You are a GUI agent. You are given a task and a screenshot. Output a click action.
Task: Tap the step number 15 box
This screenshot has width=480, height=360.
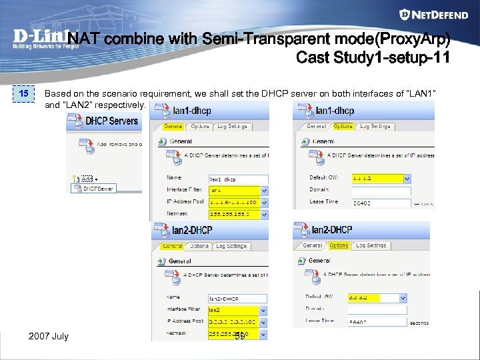coord(23,94)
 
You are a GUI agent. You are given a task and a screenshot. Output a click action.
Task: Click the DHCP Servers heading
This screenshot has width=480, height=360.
coord(111,121)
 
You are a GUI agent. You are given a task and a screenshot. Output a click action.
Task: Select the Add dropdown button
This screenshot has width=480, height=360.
coord(87,179)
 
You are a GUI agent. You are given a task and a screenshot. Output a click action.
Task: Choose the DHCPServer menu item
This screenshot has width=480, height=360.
coord(98,189)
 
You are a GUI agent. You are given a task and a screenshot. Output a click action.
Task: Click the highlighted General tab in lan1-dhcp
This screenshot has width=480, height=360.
coord(173,126)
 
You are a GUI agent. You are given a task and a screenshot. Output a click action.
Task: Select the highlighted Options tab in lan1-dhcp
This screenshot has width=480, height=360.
coord(343,126)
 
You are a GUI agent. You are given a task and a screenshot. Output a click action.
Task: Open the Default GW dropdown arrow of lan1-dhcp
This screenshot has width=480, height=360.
coord(407,179)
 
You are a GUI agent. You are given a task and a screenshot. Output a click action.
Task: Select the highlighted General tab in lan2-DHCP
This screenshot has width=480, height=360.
coord(173,246)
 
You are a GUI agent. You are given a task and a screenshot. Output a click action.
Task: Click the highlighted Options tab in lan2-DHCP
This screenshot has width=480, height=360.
coord(339,245)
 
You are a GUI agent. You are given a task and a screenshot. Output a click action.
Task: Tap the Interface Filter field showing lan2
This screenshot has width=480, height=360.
coord(233,310)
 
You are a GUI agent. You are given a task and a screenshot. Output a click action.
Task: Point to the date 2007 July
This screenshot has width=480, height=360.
coord(49,336)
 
